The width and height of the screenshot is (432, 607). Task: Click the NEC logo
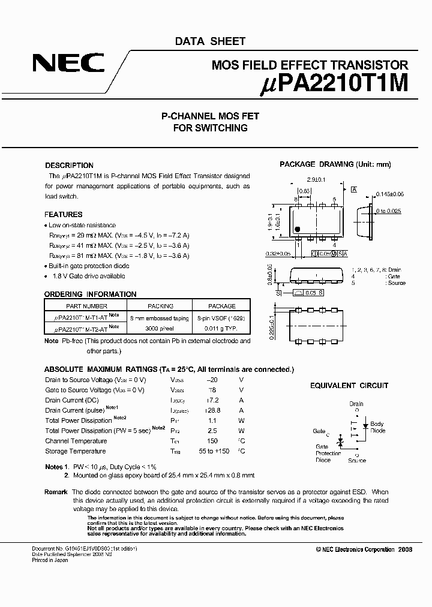(68, 63)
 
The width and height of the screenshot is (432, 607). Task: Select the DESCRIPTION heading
(69, 166)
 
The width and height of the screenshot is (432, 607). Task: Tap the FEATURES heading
(63, 215)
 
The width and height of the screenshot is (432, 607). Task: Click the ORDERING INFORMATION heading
(90, 295)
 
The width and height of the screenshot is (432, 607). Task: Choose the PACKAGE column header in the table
(221, 306)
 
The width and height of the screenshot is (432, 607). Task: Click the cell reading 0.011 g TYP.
(221, 329)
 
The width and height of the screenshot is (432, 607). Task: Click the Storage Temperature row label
(75, 451)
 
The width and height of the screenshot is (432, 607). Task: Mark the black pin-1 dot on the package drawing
(297, 229)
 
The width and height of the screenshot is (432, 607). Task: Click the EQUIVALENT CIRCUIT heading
(349, 386)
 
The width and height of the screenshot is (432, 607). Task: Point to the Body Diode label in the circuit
(377, 427)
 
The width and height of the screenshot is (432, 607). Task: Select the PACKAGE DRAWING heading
(335, 164)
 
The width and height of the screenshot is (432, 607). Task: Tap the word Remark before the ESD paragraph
(56, 492)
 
